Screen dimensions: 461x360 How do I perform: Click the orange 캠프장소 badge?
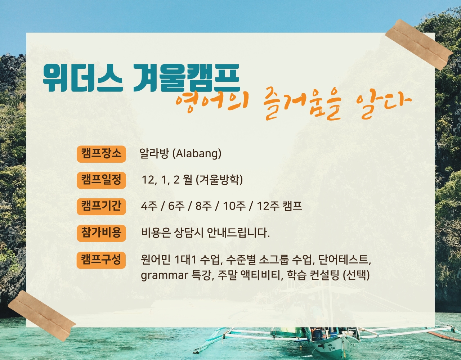(x=102, y=154)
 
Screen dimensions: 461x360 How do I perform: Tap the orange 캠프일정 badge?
(x=102, y=180)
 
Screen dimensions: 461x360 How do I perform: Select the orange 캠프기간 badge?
(x=102, y=207)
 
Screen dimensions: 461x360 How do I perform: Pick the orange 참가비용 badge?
(x=102, y=233)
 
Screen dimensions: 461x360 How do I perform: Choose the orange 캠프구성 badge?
(x=101, y=260)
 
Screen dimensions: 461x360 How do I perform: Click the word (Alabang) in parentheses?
(x=197, y=153)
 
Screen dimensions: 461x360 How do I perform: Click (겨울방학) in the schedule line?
(x=219, y=180)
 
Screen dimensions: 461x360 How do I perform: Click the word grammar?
(x=165, y=276)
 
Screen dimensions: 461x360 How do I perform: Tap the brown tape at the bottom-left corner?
(x=42, y=316)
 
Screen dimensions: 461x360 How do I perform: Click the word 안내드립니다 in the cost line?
(x=238, y=233)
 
